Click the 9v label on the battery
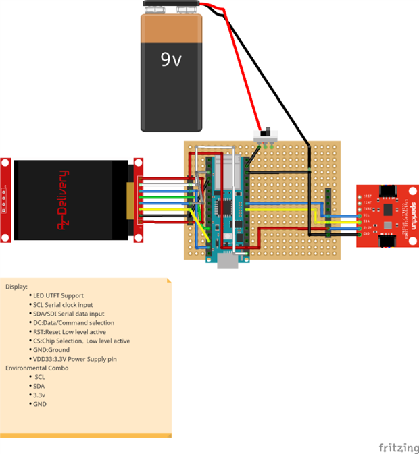point(170,60)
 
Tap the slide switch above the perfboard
point(266,133)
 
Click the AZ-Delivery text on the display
point(63,200)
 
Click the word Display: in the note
point(17,287)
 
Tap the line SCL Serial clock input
point(68,305)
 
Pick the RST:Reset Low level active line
point(70,332)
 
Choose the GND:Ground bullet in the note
point(51,350)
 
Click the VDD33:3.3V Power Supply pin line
point(75,359)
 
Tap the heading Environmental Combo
point(36,368)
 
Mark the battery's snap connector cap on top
point(172,7)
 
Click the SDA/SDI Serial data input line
point(69,314)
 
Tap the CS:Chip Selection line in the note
point(81,341)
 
